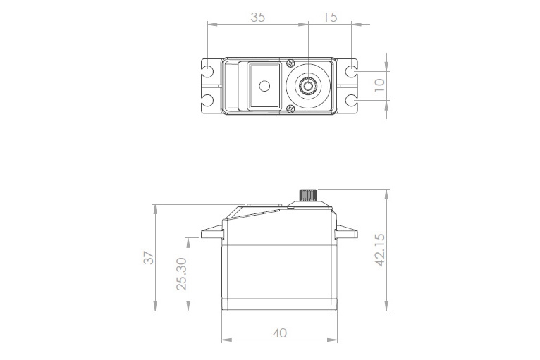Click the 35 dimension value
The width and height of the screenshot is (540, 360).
click(257, 18)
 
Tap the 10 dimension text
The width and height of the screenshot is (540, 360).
click(379, 85)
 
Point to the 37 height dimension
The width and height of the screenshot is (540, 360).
click(148, 258)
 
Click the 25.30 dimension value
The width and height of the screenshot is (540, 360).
click(181, 273)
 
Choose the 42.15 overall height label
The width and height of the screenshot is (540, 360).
click(380, 250)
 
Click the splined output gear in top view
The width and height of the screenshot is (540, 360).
click(308, 86)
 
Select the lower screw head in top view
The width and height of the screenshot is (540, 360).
click(291, 108)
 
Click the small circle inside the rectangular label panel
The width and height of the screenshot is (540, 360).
click(264, 86)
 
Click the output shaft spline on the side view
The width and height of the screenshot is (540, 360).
click(309, 195)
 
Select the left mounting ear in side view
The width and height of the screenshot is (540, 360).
click(211, 233)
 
